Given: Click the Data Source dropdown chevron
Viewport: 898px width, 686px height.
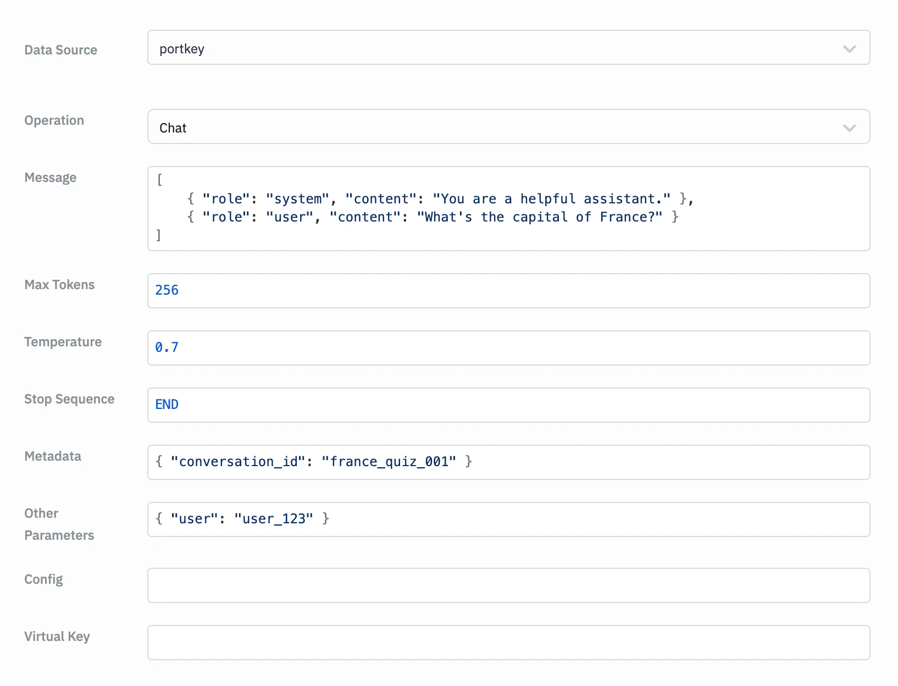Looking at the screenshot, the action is (x=849, y=49).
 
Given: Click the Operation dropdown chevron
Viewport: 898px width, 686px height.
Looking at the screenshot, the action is (x=849, y=128).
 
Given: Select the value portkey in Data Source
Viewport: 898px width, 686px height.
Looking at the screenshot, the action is (x=182, y=49).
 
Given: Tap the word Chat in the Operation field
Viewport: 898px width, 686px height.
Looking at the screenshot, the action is (x=173, y=128).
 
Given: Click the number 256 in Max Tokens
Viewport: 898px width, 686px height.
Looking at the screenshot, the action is (x=167, y=290).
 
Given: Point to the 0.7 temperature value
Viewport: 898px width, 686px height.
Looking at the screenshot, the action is (x=167, y=347).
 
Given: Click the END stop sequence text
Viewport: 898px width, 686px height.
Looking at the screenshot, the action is (x=167, y=405).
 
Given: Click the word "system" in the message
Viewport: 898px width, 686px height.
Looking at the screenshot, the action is (x=297, y=199).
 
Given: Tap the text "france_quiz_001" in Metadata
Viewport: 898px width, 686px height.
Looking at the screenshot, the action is (x=389, y=461).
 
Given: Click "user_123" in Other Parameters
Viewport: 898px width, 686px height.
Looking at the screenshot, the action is (x=274, y=519).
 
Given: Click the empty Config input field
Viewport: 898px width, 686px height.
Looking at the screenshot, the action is (x=508, y=585).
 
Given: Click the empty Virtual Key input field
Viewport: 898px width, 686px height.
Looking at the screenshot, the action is (x=508, y=643).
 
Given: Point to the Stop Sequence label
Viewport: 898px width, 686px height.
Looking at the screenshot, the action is (x=69, y=399).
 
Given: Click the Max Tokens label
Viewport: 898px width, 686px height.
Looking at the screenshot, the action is (x=59, y=284).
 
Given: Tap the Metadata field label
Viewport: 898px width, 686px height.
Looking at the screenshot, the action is (x=53, y=456).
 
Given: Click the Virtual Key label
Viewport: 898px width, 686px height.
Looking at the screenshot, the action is (x=57, y=637).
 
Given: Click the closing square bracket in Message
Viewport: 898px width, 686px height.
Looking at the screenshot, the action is (x=159, y=235).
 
